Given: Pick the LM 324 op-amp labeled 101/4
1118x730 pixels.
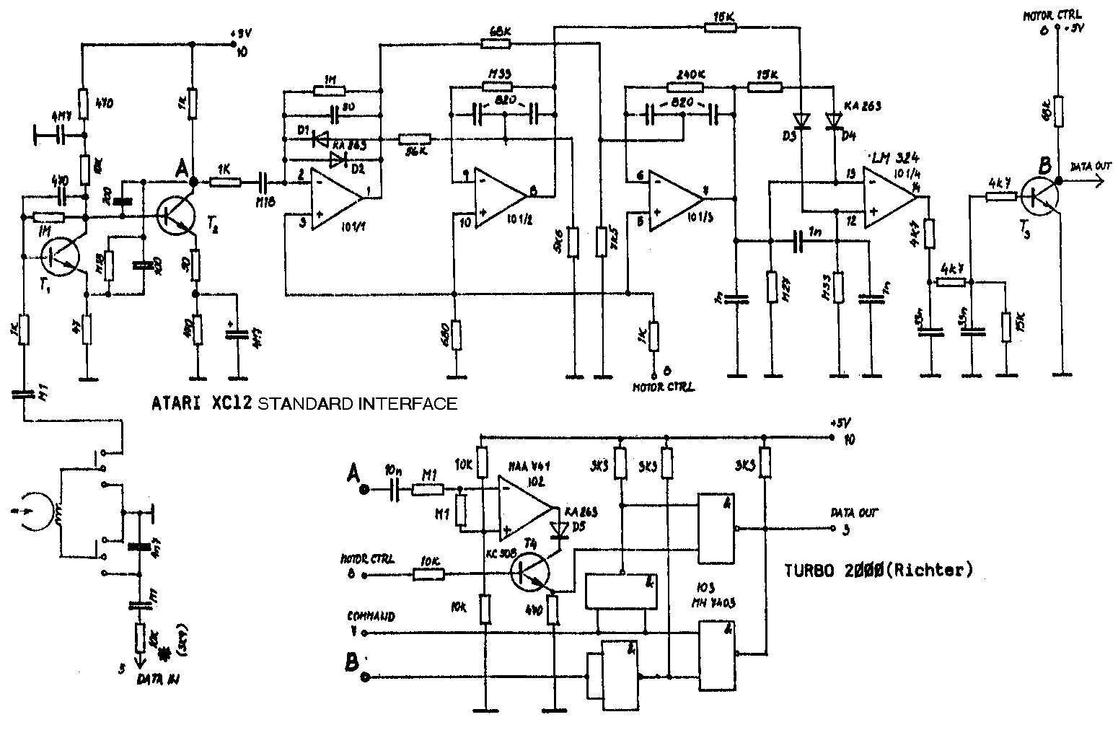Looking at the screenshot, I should pos(892,193).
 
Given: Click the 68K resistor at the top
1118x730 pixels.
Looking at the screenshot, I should pos(495,43).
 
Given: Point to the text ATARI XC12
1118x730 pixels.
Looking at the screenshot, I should pos(202,403).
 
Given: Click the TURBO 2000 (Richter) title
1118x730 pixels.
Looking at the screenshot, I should pos(878,570).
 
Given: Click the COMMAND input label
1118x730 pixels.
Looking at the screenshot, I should pos(371,617).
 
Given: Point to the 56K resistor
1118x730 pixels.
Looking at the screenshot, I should pos(415,139).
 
